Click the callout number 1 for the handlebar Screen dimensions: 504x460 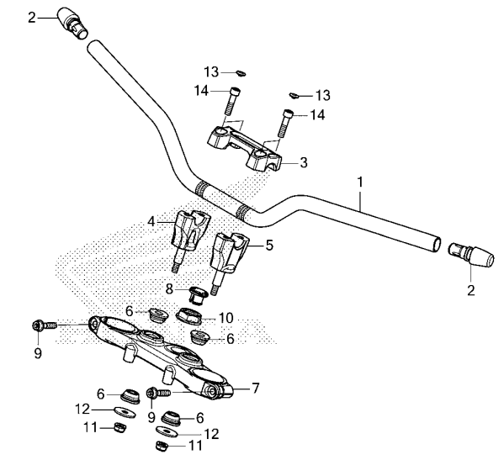[360, 182]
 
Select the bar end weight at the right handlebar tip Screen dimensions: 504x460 [471, 255]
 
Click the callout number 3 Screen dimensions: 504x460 [304, 162]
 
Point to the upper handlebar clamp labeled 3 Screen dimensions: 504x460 [244, 148]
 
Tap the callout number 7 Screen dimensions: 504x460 [255, 389]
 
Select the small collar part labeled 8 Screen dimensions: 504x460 [195, 295]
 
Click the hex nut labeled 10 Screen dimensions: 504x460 [190, 315]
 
